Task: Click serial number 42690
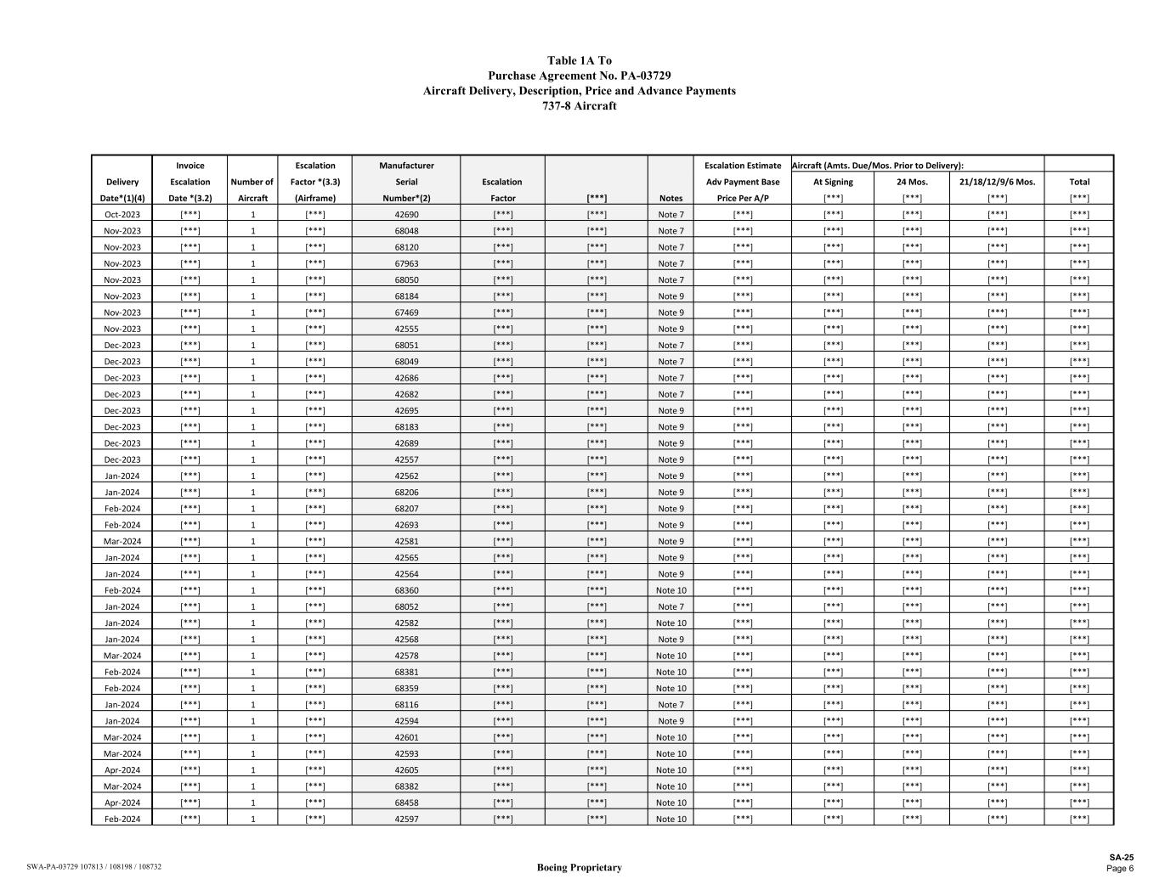tap(406, 215)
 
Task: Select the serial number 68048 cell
tap(406, 231)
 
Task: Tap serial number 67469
tap(406, 313)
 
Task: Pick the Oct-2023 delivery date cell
tap(122, 215)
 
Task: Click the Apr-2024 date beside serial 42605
tap(122, 770)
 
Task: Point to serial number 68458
tap(406, 803)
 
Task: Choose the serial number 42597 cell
tap(406, 819)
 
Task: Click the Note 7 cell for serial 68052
tap(671, 607)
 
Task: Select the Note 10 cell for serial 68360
tap(671, 590)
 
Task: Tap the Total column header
tap(1079, 182)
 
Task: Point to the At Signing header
tap(833, 182)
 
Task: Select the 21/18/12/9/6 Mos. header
tap(997, 182)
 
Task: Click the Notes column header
tap(671, 199)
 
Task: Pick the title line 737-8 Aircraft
tap(580, 106)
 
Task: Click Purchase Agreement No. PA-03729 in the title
tap(580, 76)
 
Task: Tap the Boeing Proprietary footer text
tap(580, 867)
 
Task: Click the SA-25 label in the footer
tap(1121, 858)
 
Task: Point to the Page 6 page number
tap(1119, 868)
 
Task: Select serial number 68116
tap(406, 705)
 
